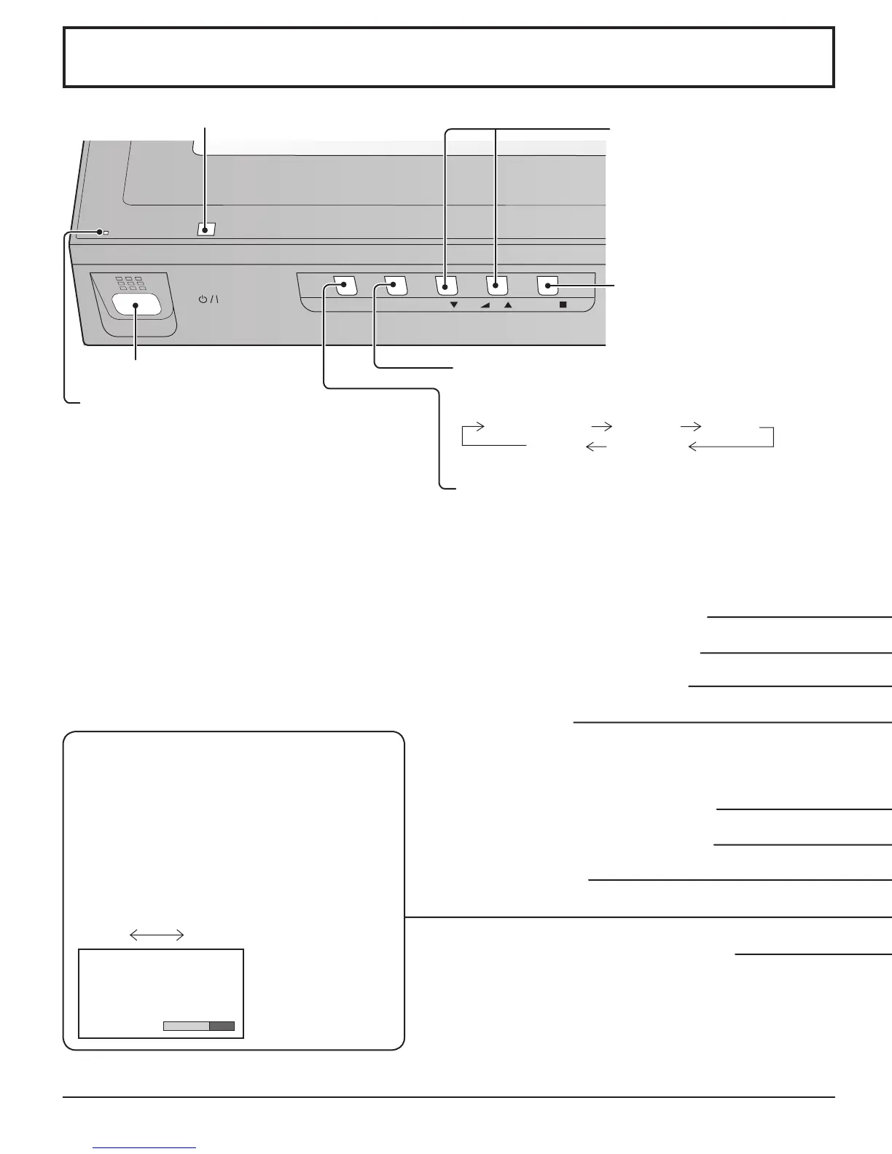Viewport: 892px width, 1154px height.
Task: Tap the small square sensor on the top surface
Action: pyautogui.click(x=206, y=229)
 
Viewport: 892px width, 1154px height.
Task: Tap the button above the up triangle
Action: pyautogui.click(x=497, y=286)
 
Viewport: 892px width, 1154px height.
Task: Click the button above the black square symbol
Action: pyautogui.click(x=548, y=286)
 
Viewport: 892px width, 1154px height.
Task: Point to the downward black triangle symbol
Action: pyautogui.click(x=454, y=306)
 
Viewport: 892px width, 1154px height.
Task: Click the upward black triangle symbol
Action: pyautogui.click(x=508, y=306)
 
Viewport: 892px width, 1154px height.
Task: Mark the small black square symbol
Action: pyautogui.click(x=563, y=306)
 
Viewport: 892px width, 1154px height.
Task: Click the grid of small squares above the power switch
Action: pyautogui.click(x=128, y=283)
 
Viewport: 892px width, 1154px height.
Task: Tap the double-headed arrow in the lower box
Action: pyautogui.click(x=156, y=935)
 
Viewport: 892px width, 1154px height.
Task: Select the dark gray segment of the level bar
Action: pyautogui.click(x=222, y=1026)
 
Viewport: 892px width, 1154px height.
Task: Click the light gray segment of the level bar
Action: pyautogui.click(x=186, y=1026)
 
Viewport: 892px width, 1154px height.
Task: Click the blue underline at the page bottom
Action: pyautogui.click(x=145, y=1147)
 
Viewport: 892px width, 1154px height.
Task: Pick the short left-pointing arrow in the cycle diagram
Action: pyautogui.click(x=596, y=447)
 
